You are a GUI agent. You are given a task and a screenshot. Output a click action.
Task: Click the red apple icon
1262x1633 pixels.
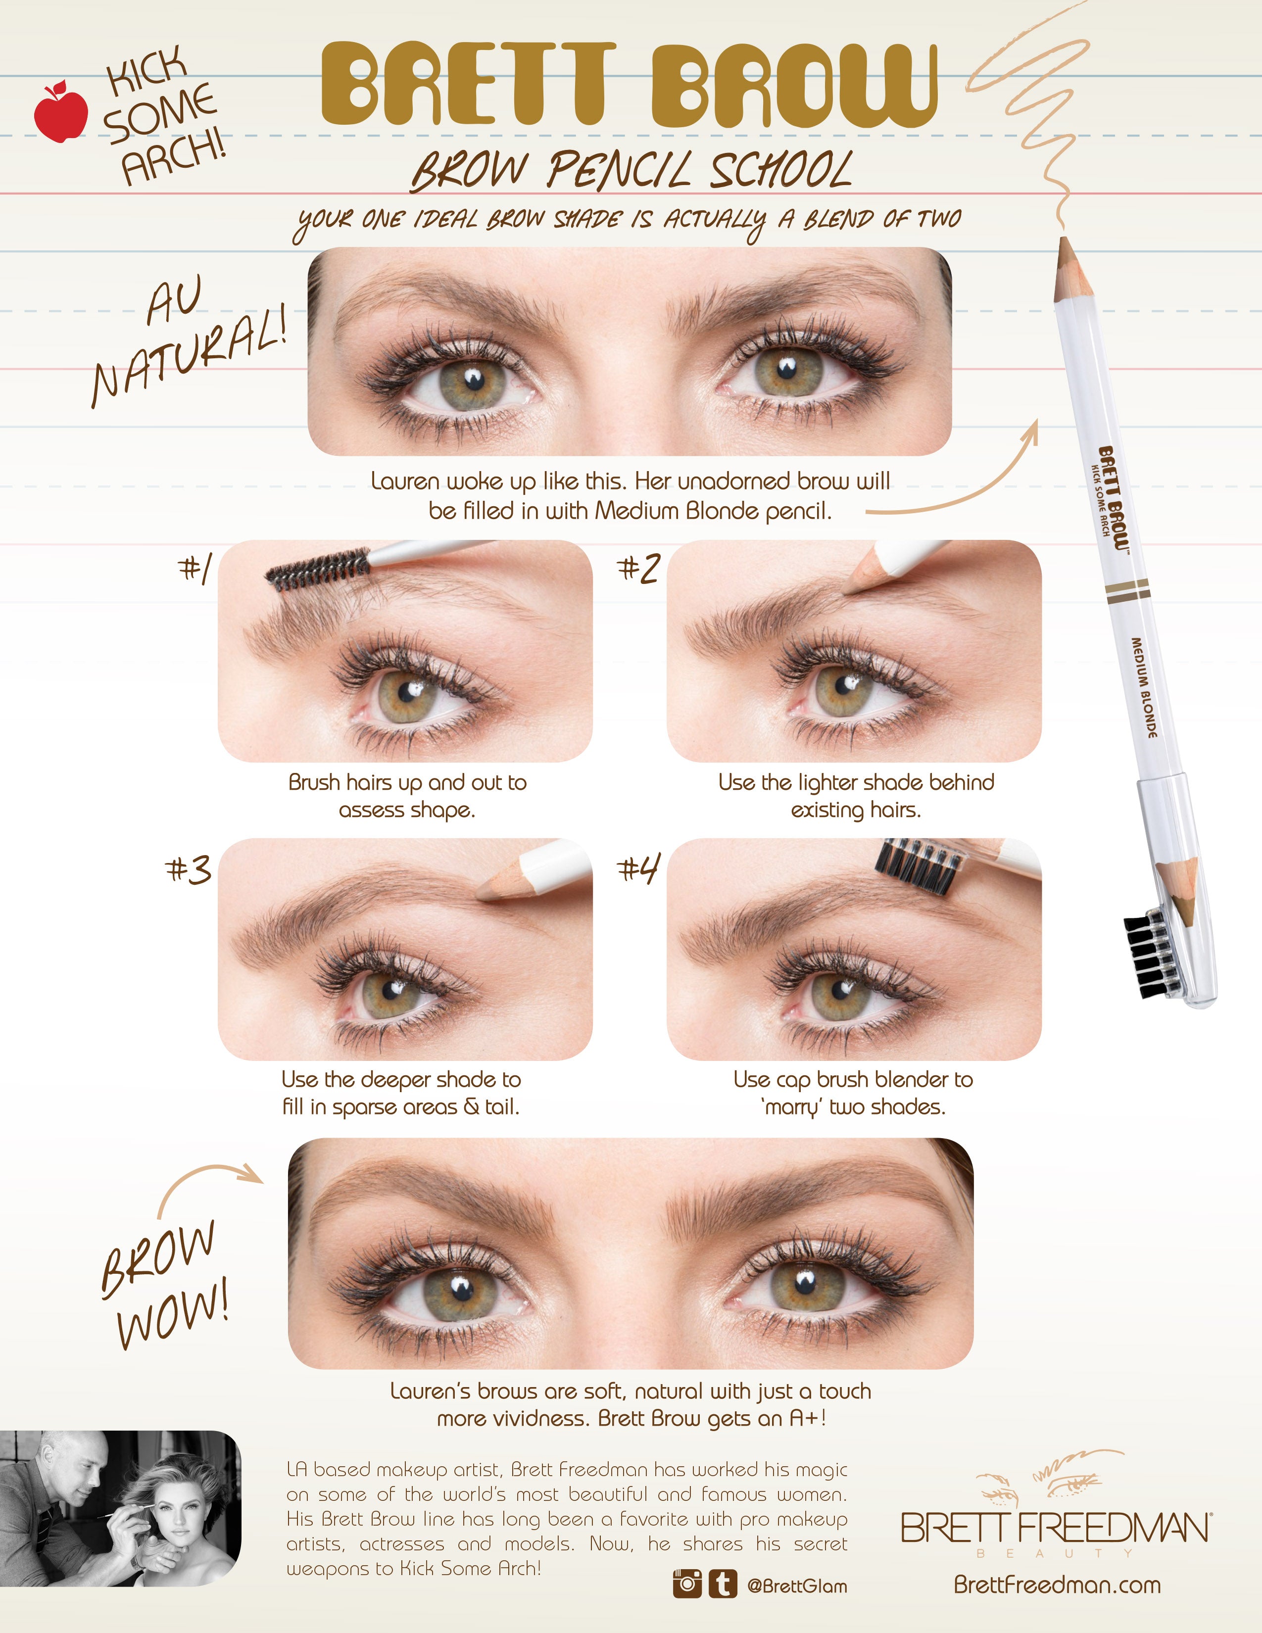point(60,112)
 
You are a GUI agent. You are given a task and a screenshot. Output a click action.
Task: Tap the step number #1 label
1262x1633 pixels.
point(195,568)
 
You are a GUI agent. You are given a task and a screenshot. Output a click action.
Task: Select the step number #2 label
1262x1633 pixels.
point(638,568)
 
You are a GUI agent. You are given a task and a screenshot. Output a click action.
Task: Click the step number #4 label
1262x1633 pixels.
point(638,869)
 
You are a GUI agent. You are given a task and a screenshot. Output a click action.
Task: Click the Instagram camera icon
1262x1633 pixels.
point(687,1584)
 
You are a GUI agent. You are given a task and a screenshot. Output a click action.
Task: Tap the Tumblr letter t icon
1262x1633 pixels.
point(722,1584)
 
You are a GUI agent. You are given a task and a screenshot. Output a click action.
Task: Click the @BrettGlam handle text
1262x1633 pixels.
point(797,1585)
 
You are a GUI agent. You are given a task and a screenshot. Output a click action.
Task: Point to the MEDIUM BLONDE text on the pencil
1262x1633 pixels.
point(1144,688)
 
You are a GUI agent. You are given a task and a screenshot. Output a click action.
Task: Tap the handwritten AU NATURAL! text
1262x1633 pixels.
point(187,340)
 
